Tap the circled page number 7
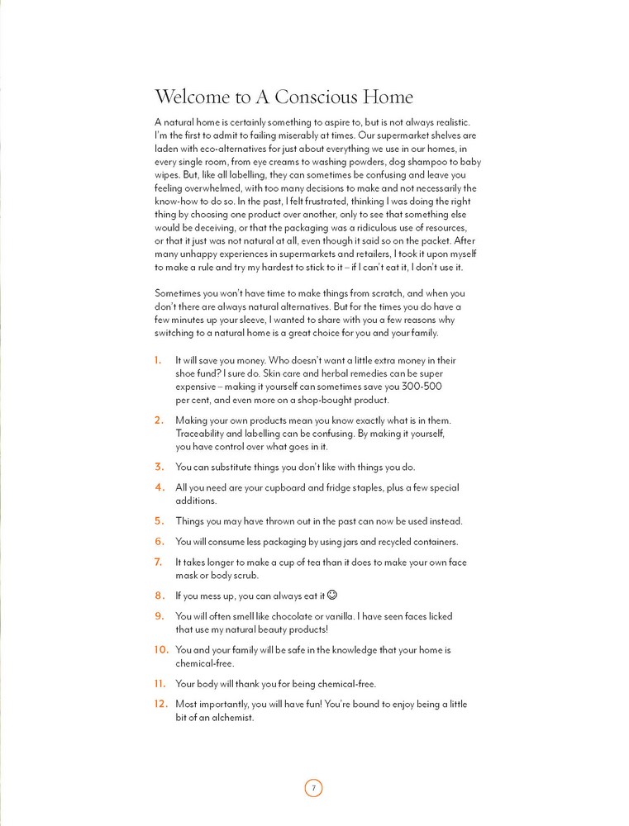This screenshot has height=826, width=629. point(313,787)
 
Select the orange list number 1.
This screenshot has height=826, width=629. point(157,361)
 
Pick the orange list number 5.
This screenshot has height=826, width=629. point(159,521)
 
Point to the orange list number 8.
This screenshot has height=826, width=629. point(159,595)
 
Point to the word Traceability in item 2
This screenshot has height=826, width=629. point(203,434)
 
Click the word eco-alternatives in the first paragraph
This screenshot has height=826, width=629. point(219,149)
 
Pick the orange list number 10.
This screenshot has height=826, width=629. point(161,650)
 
